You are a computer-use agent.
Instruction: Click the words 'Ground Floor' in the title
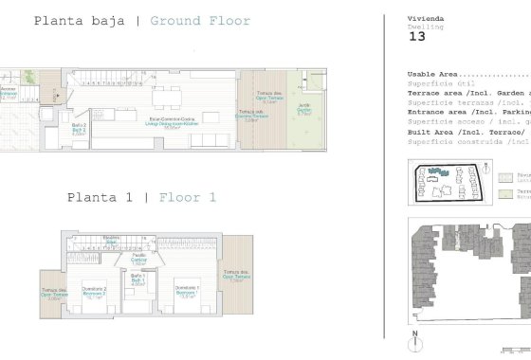point(200,21)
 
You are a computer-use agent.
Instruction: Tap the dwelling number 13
point(416,39)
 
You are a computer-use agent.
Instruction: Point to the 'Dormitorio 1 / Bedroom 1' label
point(186,291)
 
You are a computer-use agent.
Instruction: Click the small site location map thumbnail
point(442,182)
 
